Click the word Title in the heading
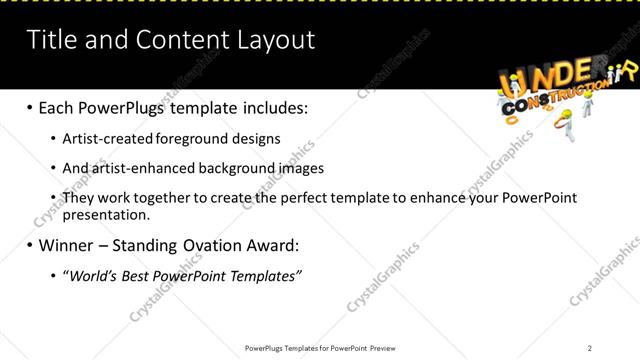tap(49, 40)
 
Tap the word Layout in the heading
tap(274, 40)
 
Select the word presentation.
tap(105, 214)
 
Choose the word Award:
tap(270, 244)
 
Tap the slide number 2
tap(590, 348)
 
